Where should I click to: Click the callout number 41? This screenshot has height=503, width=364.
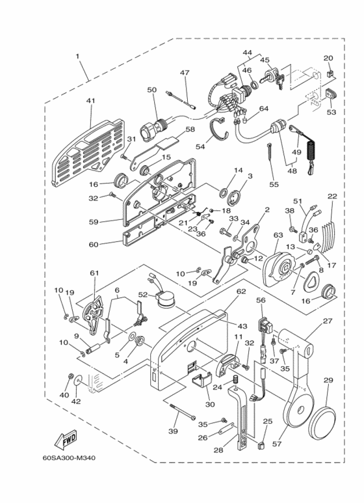click(x=90, y=101)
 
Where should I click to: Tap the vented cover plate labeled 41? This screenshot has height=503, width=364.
click(x=90, y=137)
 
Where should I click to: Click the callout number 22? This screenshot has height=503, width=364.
click(x=331, y=196)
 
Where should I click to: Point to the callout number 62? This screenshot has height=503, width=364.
click(x=240, y=292)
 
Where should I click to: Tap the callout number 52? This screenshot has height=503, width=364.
click(x=142, y=294)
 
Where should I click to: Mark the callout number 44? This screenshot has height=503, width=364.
click(x=248, y=52)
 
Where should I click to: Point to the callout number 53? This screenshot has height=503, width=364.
click(x=331, y=113)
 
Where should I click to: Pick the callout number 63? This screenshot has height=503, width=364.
click(x=278, y=235)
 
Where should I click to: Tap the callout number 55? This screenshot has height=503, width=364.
click(x=273, y=185)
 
